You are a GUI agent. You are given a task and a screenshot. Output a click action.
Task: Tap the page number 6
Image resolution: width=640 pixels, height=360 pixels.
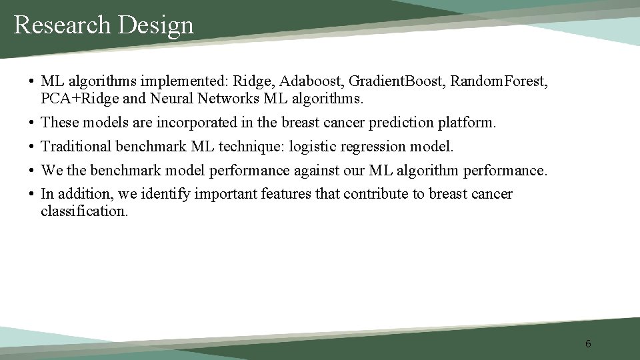[x=587, y=344]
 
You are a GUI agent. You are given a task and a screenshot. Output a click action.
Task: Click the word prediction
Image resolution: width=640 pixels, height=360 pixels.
[x=391, y=123]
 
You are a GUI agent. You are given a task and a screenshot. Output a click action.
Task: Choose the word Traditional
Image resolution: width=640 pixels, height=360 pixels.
[x=76, y=146]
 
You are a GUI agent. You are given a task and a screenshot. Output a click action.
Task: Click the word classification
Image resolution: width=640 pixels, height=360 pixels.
[x=83, y=211]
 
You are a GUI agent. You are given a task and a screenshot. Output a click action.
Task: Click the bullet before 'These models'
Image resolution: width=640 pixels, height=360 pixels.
[x=31, y=123]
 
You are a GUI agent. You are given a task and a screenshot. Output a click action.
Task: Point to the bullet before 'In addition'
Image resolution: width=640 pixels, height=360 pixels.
[x=31, y=194]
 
